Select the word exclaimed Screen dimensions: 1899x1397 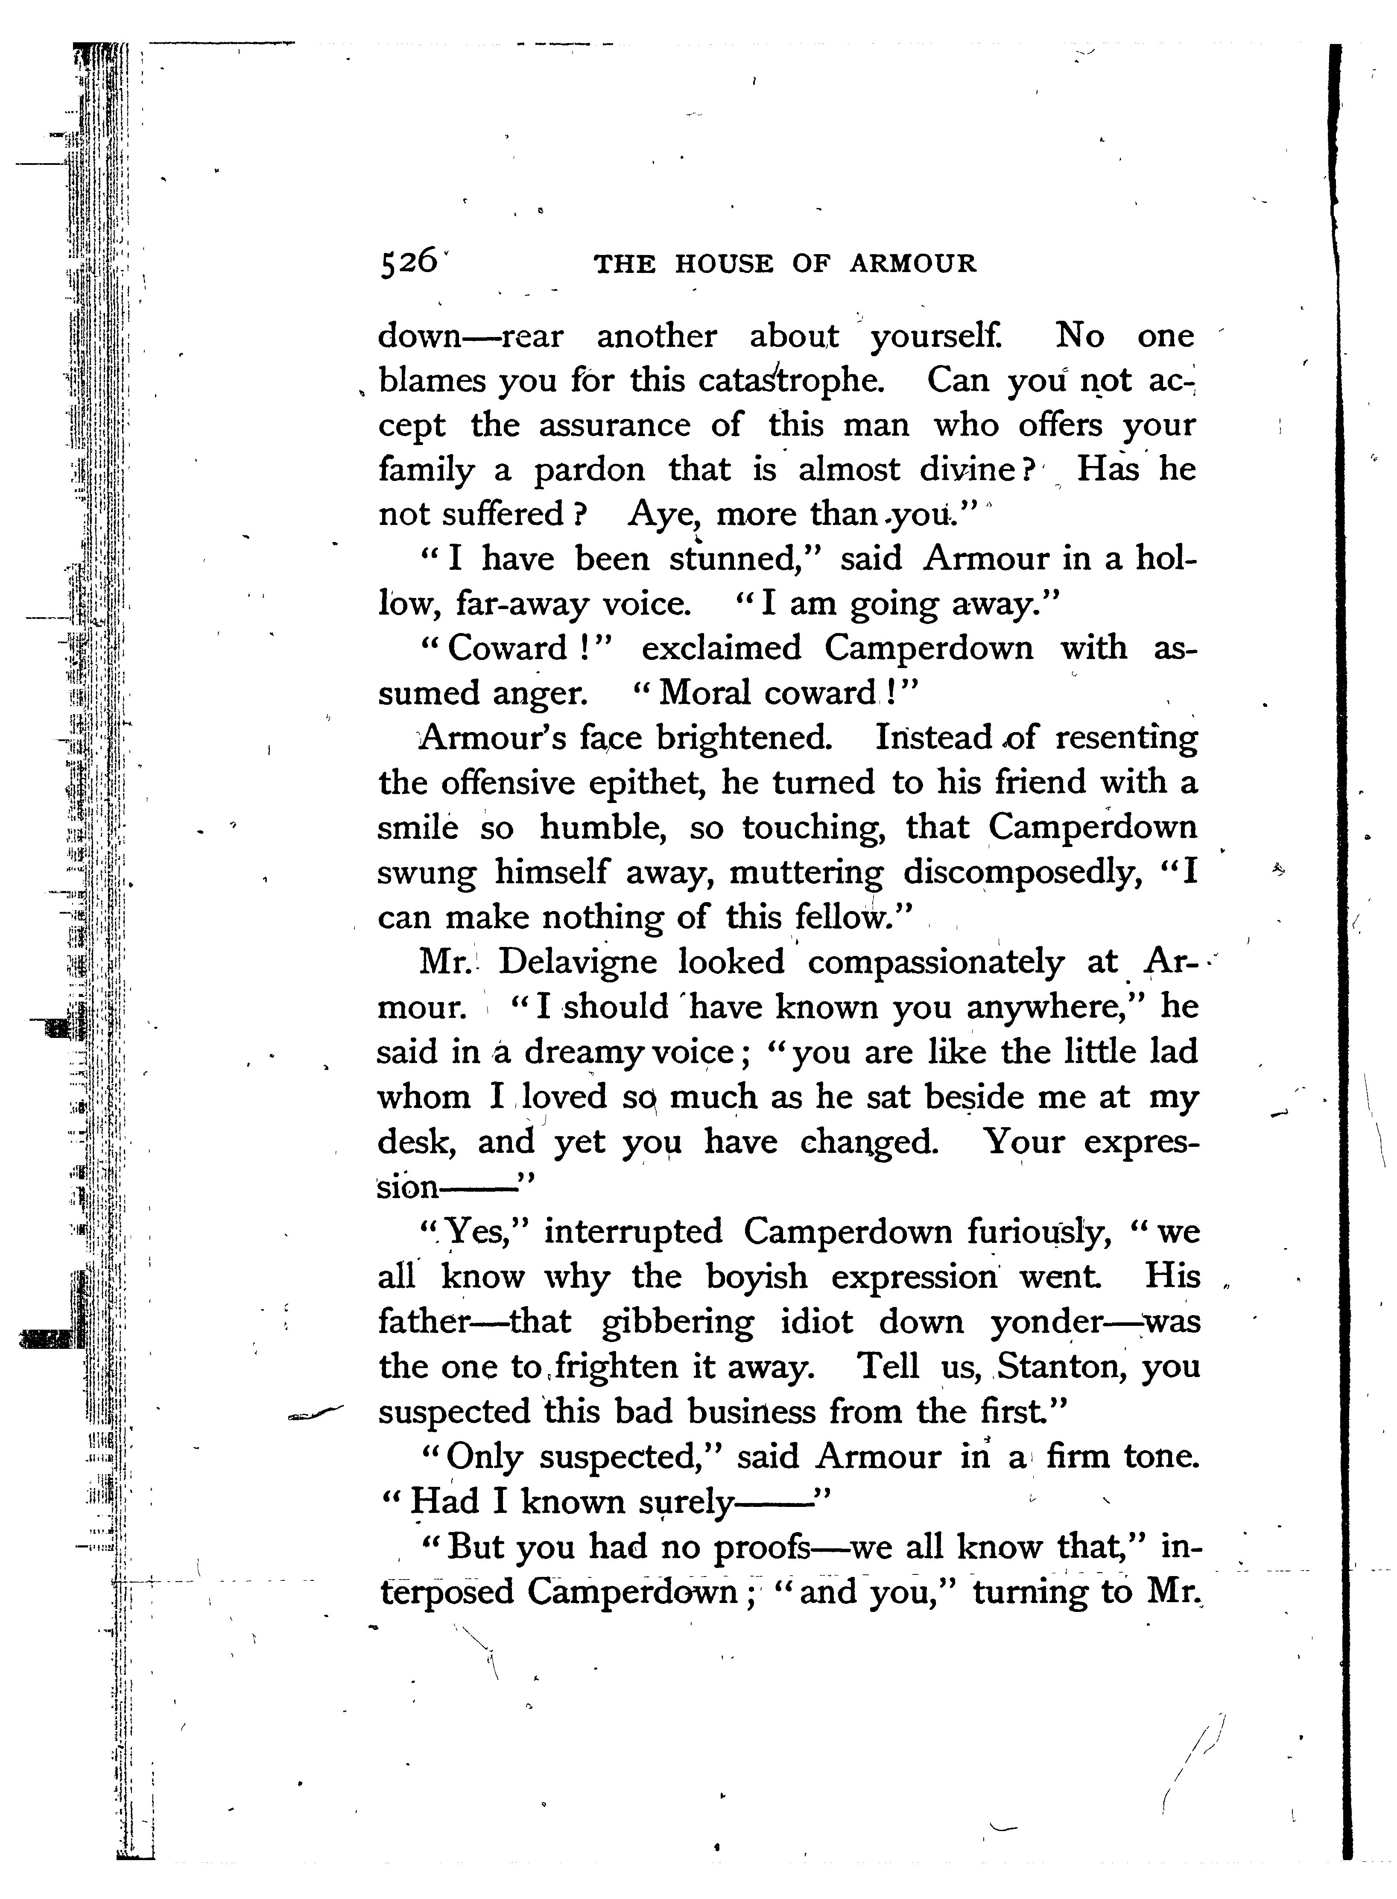click(720, 648)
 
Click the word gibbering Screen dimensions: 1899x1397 click(677, 1321)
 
